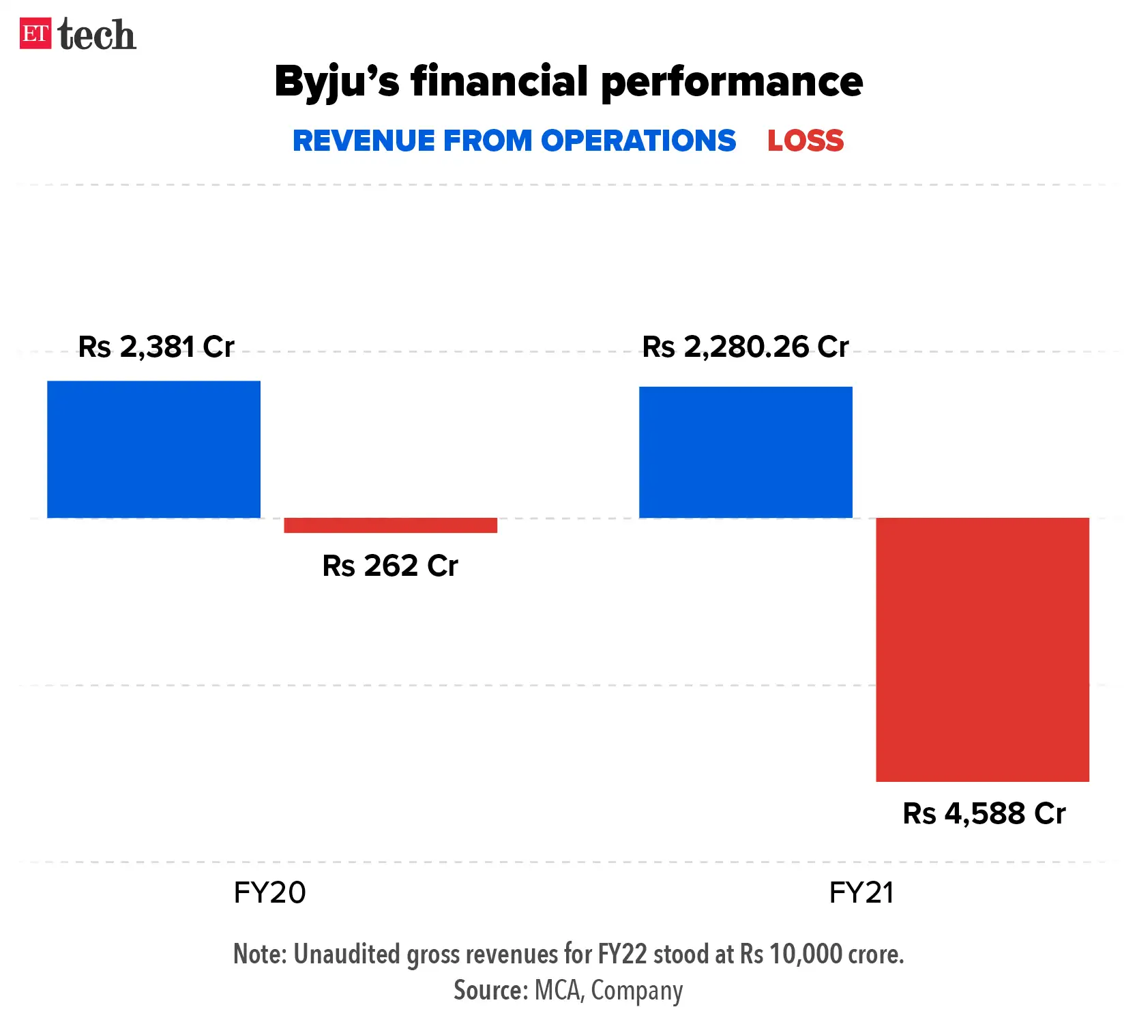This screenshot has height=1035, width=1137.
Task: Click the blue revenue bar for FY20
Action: point(153,449)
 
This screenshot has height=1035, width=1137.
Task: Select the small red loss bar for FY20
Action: point(390,525)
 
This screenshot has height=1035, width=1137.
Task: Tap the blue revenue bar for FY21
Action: point(745,452)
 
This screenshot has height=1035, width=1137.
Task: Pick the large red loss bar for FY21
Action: point(982,649)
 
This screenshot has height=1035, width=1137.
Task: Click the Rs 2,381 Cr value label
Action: point(156,347)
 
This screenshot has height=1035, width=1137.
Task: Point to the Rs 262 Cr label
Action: point(390,566)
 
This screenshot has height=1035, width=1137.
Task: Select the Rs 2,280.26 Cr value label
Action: point(745,347)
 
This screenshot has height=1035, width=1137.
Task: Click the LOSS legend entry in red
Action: point(806,141)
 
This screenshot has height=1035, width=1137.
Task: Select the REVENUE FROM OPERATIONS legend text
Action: point(514,141)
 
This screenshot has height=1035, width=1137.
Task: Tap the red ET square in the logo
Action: point(35,34)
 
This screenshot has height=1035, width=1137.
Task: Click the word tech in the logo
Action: point(97,35)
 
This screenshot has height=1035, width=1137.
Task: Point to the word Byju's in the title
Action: point(336,82)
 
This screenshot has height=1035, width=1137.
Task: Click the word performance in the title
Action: point(731,82)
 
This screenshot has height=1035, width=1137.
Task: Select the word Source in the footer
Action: point(490,991)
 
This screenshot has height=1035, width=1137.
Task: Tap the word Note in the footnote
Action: point(260,954)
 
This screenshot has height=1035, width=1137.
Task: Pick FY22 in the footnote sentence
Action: point(622,954)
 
